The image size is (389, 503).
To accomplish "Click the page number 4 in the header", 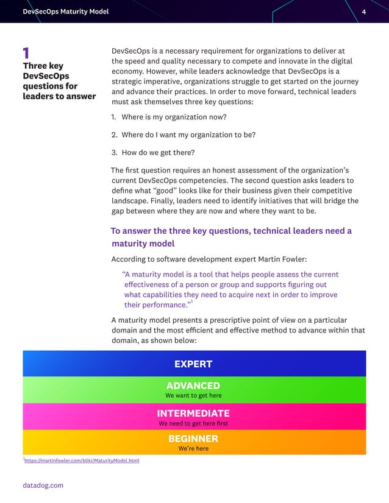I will [x=364, y=12].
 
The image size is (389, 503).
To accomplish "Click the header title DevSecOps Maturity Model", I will [x=65, y=12].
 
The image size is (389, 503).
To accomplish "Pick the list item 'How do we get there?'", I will [x=159, y=152].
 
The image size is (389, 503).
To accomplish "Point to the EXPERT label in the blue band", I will [x=193, y=364].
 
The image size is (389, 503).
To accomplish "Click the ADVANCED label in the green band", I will [x=193, y=385].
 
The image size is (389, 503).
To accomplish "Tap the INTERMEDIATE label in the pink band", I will [x=193, y=413].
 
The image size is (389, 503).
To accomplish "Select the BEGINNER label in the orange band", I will [x=193, y=438].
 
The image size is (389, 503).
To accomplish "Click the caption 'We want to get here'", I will [x=193, y=395].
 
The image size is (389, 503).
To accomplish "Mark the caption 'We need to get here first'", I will [x=193, y=423].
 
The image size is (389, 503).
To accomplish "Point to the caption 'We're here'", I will [x=193, y=448].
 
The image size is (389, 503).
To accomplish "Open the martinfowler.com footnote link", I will [x=82, y=461].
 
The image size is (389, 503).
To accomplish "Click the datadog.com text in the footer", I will [x=43, y=485].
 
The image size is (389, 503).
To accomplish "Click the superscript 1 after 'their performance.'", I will [x=191, y=302].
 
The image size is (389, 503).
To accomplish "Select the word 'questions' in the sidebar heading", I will [x=44, y=86].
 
